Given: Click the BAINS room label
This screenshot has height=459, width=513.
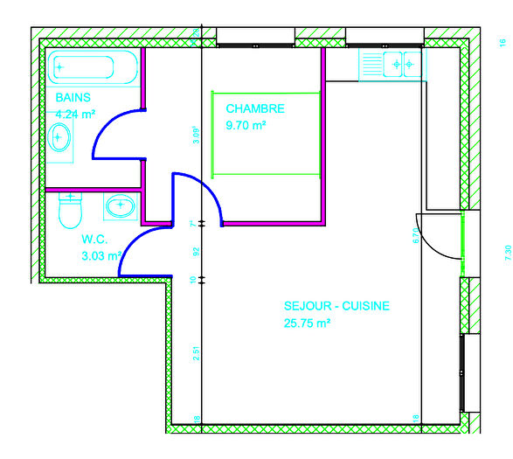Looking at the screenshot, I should pos(73,97).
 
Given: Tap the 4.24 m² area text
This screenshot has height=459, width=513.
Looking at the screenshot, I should pos(76,114).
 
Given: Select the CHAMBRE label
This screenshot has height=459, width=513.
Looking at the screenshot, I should pos(255,108).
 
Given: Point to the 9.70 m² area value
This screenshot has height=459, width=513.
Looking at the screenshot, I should pos(246,125).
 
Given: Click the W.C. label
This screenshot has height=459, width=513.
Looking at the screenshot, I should pos(94,239).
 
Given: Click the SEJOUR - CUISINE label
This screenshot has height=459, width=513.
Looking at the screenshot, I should pos(336,306).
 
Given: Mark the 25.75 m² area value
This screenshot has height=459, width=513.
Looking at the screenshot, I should pos(307,323).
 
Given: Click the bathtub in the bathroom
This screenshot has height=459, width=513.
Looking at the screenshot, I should pos(93,68).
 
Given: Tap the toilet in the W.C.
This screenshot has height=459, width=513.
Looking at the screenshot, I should pos(69,210).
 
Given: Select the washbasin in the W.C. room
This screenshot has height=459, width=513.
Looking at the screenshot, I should pos(120,207).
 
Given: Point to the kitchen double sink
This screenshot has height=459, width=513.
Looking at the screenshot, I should pos(402,64).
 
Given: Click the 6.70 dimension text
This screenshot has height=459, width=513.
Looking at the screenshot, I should pos(416,235).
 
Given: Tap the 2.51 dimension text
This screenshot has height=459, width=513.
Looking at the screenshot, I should pos(196,354).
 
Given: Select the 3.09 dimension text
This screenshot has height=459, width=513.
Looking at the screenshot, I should pos(197,135).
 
